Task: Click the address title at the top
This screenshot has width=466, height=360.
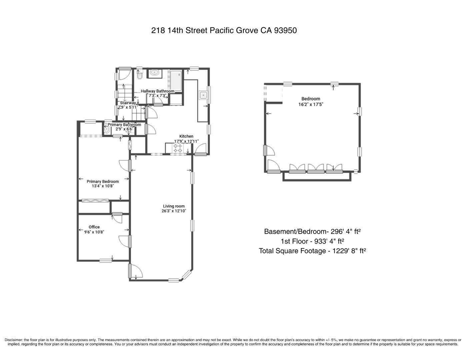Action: click(224, 31)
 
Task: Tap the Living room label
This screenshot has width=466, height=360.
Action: click(174, 206)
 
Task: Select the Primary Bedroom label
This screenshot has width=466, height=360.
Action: click(103, 182)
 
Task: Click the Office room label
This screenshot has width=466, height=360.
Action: click(94, 227)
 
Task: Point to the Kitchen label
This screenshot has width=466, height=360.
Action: click(186, 136)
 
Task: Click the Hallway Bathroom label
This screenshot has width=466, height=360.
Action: click(157, 91)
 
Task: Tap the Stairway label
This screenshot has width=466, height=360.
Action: click(128, 103)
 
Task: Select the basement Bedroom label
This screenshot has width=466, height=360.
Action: click(311, 99)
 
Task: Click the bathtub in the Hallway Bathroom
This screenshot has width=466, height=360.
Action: click(176, 80)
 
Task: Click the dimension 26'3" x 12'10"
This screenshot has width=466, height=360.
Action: click(174, 211)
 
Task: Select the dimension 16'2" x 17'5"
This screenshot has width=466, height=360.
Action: click(311, 104)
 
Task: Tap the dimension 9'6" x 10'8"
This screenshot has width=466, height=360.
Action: click(94, 232)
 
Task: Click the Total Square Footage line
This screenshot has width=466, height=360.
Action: click(312, 251)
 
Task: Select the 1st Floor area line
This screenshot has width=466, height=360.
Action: click(312, 241)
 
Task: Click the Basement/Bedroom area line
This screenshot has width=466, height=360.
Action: click(312, 231)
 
